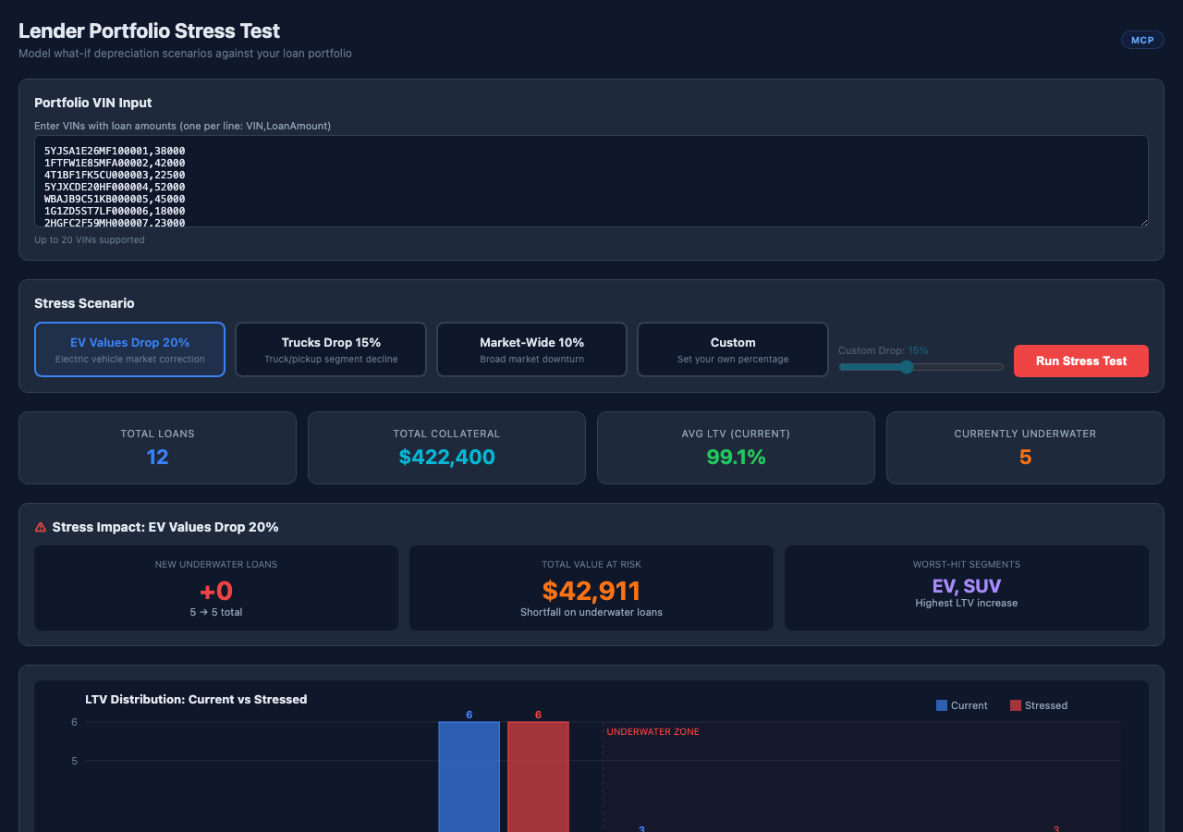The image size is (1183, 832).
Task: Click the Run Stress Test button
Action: (x=1080, y=361)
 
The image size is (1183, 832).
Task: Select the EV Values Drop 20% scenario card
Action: (x=129, y=349)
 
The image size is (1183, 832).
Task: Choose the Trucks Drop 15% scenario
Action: (x=331, y=349)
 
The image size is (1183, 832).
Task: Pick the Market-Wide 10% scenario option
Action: (x=531, y=349)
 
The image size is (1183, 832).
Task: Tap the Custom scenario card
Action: (x=733, y=349)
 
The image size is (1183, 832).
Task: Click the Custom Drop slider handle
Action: (x=907, y=367)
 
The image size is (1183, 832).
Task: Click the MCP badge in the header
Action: (x=1142, y=40)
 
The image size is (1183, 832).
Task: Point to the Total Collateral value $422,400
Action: (x=446, y=457)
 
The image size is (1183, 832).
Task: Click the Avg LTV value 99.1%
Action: (x=736, y=457)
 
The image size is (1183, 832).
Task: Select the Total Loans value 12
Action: (x=157, y=457)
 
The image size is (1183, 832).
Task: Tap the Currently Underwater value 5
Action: (x=1025, y=457)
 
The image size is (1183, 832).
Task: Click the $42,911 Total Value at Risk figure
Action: (x=591, y=591)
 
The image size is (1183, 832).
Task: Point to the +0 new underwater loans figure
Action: (x=216, y=591)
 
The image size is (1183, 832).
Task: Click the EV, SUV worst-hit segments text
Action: (x=967, y=586)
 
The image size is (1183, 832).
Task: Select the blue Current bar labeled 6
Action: (x=469, y=777)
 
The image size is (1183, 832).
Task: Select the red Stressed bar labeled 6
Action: (x=538, y=777)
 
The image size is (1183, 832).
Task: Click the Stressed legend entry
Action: (x=1039, y=705)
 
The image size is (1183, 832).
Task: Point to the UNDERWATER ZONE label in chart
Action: (x=652, y=732)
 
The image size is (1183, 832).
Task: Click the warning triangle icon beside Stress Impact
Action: (x=40, y=527)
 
